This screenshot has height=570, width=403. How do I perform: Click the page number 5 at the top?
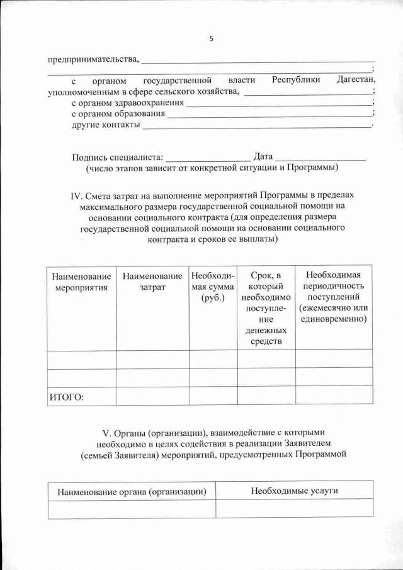point(211,39)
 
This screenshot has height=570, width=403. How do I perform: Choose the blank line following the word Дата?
point(321,157)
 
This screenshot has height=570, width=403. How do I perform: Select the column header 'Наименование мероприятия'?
point(81,282)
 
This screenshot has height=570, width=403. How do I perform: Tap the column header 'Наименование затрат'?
point(152,282)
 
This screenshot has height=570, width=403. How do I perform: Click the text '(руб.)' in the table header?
point(213,298)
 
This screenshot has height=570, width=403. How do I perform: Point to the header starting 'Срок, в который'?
point(266,281)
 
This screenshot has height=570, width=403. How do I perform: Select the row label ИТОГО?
point(67,396)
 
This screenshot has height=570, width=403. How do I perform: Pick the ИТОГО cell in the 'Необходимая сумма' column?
point(213,396)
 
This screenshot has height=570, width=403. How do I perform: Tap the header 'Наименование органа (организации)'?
point(132,491)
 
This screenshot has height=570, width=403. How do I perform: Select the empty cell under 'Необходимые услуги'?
point(294,509)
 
